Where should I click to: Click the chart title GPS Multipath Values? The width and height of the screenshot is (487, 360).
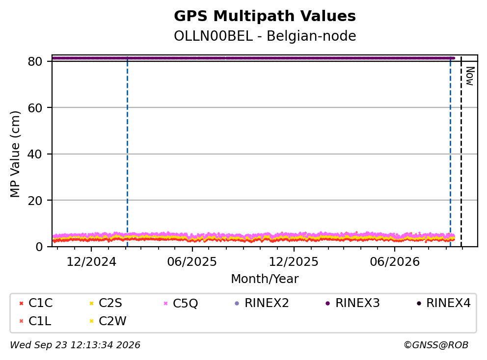click(265, 16)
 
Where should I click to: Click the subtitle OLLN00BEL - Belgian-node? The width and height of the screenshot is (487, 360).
click(265, 36)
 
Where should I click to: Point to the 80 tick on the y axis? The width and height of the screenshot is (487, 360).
click(35, 61)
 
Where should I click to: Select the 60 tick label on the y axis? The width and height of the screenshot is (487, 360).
click(35, 108)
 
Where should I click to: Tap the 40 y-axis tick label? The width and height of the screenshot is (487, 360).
click(35, 154)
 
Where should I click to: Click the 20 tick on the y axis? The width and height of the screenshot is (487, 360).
click(35, 201)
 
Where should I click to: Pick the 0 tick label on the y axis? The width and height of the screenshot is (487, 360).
click(39, 247)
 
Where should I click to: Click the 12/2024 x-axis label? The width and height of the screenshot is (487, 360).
click(91, 262)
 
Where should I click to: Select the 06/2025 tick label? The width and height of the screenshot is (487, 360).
click(192, 262)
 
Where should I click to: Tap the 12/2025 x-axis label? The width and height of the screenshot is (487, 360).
click(294, 262)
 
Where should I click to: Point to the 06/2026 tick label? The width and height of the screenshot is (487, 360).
click(394, 262)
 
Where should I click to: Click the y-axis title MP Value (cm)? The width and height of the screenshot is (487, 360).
click(15, 154)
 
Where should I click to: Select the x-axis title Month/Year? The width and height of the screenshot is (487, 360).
click(265, 279)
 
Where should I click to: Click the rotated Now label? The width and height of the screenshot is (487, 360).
click(470, 76)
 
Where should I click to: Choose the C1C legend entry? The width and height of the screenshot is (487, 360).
click(36, 303)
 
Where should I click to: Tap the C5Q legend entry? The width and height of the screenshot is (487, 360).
click(181, 303)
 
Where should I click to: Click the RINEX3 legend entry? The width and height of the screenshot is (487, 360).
click(352, 303)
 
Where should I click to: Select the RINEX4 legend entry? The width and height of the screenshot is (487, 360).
click(443, 303)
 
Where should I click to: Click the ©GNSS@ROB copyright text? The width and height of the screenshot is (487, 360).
click(436, 345)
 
